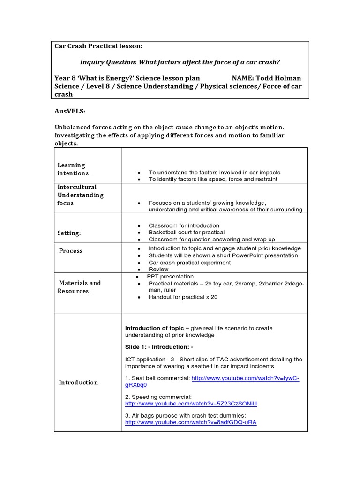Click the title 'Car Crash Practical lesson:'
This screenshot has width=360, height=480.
[x=98, y=46]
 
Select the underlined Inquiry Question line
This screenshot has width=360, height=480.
[x=180, y=62]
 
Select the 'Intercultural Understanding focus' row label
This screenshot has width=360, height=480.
[x=80, y=195]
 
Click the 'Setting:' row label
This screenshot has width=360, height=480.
[x=69, y=233]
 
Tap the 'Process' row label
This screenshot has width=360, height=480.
[x=71, y=251]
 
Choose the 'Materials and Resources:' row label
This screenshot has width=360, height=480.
[x=79, y=287]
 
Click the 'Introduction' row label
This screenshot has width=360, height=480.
[x=78, y=382]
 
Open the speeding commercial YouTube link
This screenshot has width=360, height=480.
[x=191, y=404]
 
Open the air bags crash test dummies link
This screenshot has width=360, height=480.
[x=191, y=422]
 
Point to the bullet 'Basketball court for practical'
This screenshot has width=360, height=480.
[x=186, y=232]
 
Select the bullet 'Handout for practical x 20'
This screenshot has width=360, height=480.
[x=183, y=297]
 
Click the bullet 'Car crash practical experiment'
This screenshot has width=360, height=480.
[x=189, y=262]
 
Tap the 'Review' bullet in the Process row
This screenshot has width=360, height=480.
[x=158, y=270]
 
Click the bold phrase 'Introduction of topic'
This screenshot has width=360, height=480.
[x=154, y=328]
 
